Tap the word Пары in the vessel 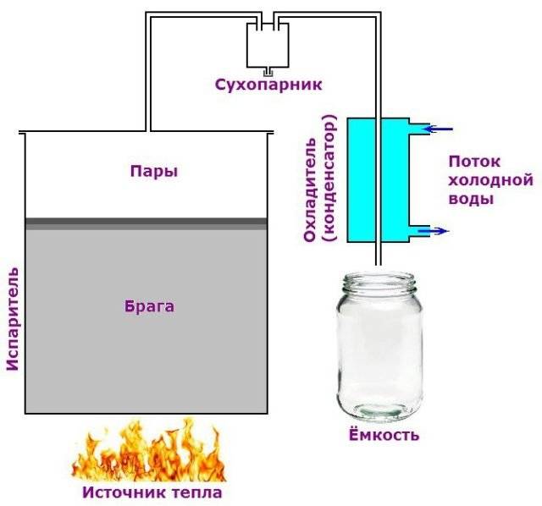153,171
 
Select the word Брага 149,306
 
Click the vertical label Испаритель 12,322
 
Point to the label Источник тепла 152,491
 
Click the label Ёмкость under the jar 384,436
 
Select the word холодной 489,180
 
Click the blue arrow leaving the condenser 437,230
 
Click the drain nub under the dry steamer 266,71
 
